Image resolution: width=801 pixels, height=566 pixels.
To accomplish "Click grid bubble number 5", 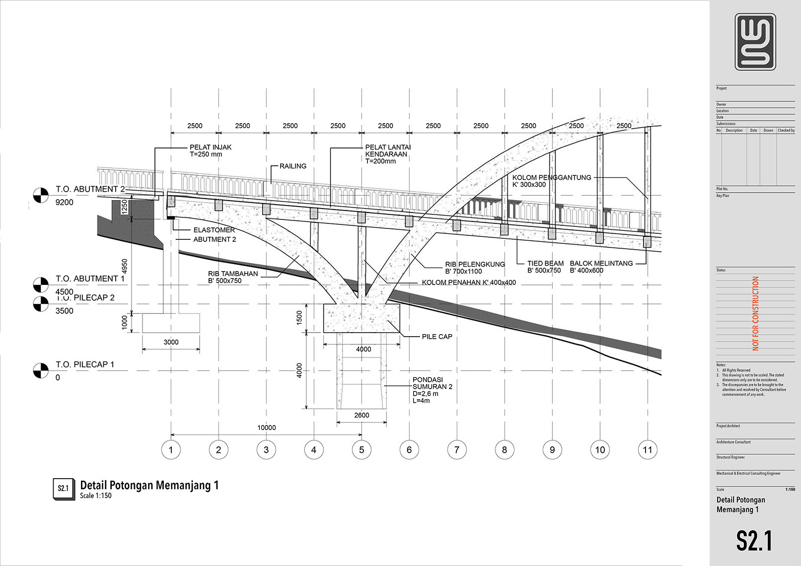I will pos(362,450).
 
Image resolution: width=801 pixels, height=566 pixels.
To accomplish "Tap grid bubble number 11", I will pos(648,450).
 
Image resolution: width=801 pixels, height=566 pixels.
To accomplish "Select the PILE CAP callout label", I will pos(437,337).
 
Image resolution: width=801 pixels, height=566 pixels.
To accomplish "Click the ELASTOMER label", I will pos(214,230).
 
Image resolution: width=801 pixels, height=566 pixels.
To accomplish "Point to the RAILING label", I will pos(293,166).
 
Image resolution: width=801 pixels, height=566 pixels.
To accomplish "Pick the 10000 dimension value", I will pos(267,427).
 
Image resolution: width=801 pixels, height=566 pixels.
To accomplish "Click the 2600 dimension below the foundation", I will pos(362,415).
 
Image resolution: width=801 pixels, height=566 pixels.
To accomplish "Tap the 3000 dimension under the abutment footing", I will pos(171,342).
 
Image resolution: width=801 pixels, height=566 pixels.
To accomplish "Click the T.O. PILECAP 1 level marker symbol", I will pos(41,370).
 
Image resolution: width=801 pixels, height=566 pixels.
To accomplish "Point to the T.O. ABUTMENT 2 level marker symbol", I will pos(41,195).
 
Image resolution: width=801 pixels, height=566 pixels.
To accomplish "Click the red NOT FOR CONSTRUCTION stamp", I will pos(756,313).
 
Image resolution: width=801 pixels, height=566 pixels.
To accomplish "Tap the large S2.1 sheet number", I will pos(754,541).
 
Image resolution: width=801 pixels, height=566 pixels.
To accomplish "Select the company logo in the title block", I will pos(755,42).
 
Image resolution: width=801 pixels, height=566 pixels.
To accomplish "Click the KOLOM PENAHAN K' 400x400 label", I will pos(469,283).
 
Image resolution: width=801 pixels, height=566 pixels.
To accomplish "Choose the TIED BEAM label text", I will pos(545,264).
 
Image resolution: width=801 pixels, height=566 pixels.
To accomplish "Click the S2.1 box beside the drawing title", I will pos(63,488).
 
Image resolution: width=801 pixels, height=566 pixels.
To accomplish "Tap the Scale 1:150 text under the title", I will pos(96,495).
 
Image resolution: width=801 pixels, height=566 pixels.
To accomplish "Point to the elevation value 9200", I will pos(65,202).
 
